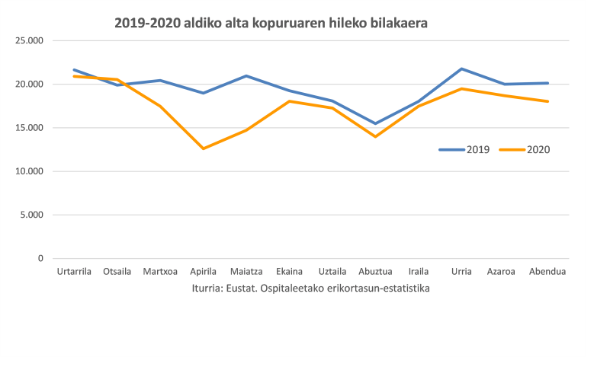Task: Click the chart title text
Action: pos(271,23)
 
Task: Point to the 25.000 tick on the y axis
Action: pos(30,40)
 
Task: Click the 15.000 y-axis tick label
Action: pos(30,128)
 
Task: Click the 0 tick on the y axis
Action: pos(40,259)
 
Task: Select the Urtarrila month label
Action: pos(74,272)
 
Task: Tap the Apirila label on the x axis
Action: pos(203,272)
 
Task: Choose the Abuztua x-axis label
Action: pos(375,272)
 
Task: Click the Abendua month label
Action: pos(547,272)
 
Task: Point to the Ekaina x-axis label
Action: pos(289,272)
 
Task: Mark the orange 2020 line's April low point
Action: pos(203,148)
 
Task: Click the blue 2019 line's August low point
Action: pos(375,123)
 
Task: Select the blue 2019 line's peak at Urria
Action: pos(461,69)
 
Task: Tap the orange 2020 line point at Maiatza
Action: pos(246,130)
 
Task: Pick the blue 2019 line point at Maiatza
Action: pos(246,76)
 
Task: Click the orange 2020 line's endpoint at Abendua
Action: pos(547,101)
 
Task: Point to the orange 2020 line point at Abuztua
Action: pos(375,136)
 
